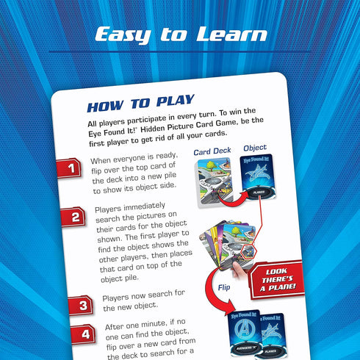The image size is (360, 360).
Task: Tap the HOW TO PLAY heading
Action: [x=140, y=101]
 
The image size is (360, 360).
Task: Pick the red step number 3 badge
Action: [x=83, y=303]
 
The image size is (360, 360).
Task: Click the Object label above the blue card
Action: [x=255, y=148]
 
